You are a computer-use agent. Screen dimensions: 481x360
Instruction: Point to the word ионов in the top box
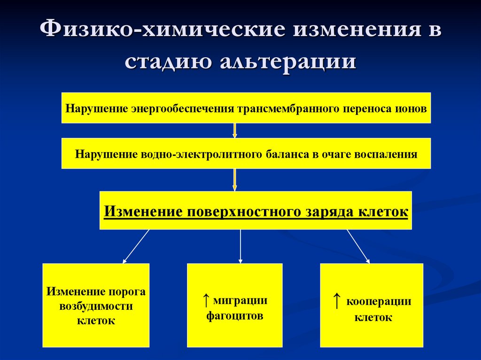412,109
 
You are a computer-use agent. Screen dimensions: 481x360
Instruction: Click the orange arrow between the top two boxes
235,130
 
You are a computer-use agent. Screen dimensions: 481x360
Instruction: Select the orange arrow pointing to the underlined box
235,180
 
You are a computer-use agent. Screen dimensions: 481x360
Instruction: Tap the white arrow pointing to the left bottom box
136,246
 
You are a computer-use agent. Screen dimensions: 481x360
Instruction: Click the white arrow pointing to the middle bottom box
240,246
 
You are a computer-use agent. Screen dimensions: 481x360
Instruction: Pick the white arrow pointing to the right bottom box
358,246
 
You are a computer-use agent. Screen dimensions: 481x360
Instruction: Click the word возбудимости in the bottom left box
96,306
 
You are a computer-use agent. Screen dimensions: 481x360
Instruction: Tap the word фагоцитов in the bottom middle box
235,316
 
